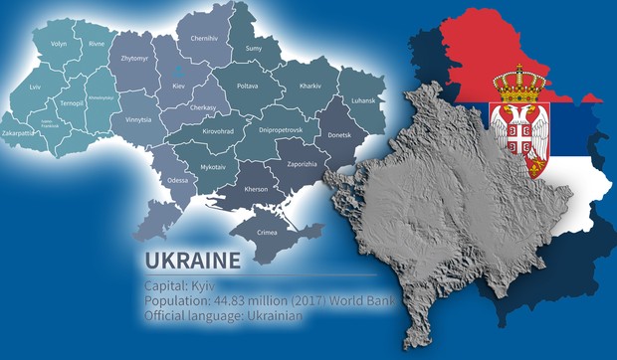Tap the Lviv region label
pyautogui.click(x=36, y=88)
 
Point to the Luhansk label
pyautogui.click(x=361, y=100)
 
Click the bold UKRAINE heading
pyautogui.click(x=192, y=262)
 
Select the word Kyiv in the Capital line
pyautogui.click(x=202, y=284)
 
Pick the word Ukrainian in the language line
pyautogui.click(x=271, y=316)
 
